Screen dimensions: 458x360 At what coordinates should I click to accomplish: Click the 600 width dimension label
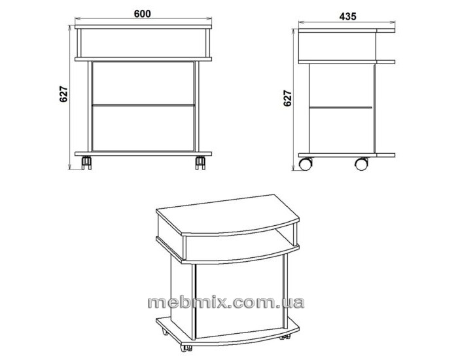(143, 14)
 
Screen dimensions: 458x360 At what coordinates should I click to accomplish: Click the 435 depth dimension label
(347, 16)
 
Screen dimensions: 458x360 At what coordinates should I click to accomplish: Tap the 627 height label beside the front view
(63, 94)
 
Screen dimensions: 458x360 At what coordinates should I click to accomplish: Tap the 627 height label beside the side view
(287, 98)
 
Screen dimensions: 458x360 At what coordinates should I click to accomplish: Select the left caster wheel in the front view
(86, 163)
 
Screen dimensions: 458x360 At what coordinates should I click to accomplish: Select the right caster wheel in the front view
(200, 163)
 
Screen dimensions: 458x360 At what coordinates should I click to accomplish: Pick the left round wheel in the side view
(306, 164)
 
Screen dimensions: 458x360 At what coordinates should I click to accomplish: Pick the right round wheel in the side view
(362, 164)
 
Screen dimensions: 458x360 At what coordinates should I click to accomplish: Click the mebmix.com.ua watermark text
(226, 302)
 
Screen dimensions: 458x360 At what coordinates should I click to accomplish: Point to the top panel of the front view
(143, 27)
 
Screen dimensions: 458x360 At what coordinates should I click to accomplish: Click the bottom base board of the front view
(143, 154)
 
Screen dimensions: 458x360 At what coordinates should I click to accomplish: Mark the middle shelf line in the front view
(143, 105)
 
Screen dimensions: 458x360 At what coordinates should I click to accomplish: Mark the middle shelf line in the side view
(341, 107)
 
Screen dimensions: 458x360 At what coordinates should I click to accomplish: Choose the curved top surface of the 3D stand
(228, 215)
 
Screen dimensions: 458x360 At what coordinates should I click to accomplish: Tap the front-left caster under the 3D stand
(186, 348)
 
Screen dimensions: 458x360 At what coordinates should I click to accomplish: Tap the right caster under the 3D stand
(285, 336)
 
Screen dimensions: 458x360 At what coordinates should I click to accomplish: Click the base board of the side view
(347, 155)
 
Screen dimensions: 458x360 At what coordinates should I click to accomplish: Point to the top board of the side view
(347, 30)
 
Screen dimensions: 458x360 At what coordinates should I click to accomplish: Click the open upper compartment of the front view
(143, 43)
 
